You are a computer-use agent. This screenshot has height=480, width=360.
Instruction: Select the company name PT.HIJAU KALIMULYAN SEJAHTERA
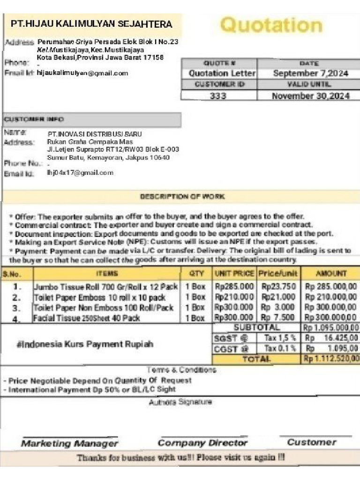[x=91, y=24]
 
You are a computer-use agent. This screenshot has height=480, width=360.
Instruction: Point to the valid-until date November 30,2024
[x=310, y=96]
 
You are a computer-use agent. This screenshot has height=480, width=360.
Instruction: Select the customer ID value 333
[x=218, y=96]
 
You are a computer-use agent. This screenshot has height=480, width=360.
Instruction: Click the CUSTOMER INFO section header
[x=36, y=119]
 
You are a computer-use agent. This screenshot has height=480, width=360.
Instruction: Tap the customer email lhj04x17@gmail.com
[x=80, y=172]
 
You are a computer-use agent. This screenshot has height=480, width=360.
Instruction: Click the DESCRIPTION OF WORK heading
[x=182, y=196]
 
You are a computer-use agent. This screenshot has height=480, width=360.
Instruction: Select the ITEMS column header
[x=107, y=273]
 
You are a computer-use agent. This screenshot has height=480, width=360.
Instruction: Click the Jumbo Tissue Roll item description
[x=105, y=287]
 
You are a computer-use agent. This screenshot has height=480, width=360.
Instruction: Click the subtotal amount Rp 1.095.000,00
[x=331, y=328]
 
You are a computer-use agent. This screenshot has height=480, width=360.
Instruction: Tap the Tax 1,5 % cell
[x=279, y=338]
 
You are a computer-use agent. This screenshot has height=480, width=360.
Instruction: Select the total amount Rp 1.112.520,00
[x=331, y=359]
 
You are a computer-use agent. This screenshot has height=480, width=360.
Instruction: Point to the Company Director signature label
[x=202, y=443]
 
